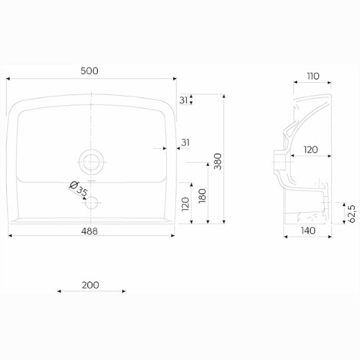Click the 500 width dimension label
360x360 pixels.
pyautogui.click(x=90, y=71)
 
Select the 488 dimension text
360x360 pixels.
pyautogui.click(x=90, y=231)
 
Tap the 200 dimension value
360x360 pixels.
pyautogui.click(x=90, y=285)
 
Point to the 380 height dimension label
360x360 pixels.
pyautogui.click(x=218, y=162)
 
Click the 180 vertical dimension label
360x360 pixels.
pyautogui.click(x=202, y=196)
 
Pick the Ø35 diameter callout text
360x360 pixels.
pyautogui.click(x=79, y=189)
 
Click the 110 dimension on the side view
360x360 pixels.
pyautogui.click(x=313, y=76)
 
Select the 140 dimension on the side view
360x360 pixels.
pyautogui.click(x=308, y=231)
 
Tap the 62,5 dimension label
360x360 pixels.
pyautogui.click(x=352, y=214)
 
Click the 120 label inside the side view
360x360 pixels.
pyautogui.click(x=311, y=149)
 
